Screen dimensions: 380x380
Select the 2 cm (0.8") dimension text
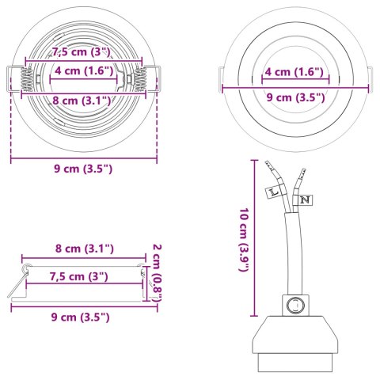[156, 272]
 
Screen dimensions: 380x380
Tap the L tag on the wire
[274, 191]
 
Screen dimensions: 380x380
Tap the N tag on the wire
[304, 199]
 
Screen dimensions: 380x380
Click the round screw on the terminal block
[296, 304]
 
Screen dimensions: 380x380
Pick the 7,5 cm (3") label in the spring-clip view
[82, 52]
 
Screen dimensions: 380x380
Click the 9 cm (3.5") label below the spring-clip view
[83, 168]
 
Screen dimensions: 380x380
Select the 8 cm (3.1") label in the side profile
[84, 249]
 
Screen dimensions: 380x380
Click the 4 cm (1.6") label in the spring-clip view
[84, 70]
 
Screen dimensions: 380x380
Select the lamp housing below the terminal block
[295, 347]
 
